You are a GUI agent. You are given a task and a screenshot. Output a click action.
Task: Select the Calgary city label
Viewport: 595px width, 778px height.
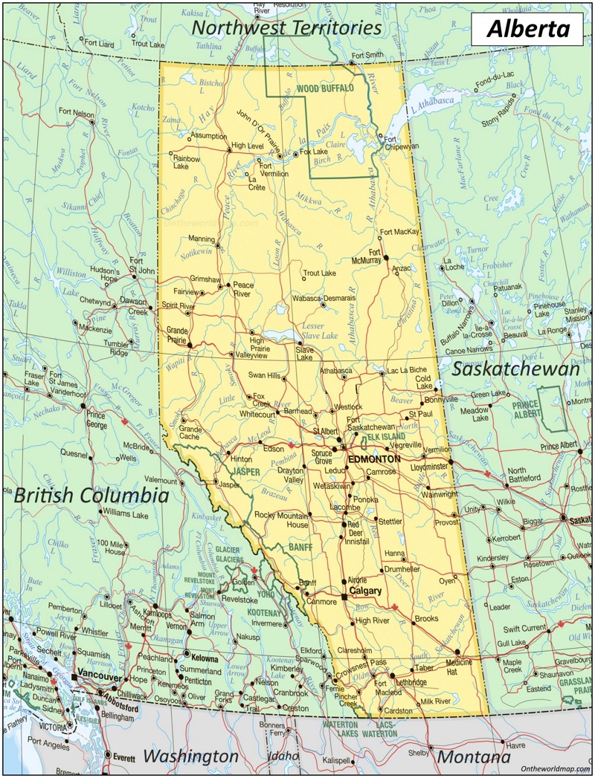(364, 591)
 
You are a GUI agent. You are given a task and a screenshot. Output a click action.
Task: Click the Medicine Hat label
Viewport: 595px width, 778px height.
(459, 667)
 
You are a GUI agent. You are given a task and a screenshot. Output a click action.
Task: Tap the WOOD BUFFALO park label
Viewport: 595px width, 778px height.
(328, 88)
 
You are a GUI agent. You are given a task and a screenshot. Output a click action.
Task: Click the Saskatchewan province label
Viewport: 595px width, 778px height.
(515, 369)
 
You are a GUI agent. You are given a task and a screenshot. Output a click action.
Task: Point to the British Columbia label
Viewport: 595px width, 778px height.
(91, 496)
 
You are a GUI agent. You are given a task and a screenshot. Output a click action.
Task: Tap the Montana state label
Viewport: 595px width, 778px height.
(474, 756)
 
